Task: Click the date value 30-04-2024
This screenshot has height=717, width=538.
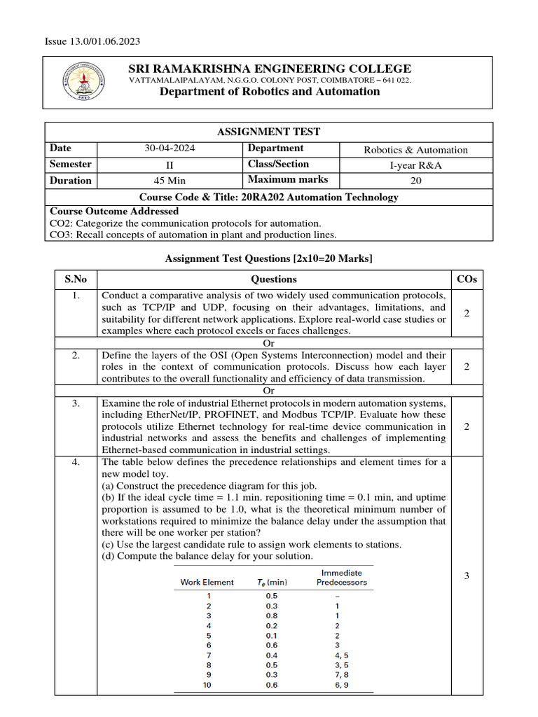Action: click(x=169, y=149)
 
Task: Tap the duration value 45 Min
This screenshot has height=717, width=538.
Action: click(x=169, y=181)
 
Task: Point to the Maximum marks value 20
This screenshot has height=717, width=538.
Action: click(x=416, y=181)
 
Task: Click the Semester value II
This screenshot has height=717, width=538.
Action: click(x=169, y=165)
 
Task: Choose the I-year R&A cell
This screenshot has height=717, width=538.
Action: click(x=416, y=165)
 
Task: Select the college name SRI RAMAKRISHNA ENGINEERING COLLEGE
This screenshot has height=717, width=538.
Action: click(x=270, y=69)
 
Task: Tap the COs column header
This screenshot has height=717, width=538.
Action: click(x=467, y=279)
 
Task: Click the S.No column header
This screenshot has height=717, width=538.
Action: click(x=76, y=279)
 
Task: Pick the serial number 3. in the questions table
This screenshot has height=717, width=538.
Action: click(x=76, y=403)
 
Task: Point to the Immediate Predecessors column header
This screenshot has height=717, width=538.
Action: click(x=342, y=577)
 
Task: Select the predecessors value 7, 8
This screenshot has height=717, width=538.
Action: click(x=342, y=674)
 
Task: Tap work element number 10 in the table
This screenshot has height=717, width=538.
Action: click(x=207, y=685)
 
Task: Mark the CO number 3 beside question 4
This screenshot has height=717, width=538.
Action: click(x=467, y=576)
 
